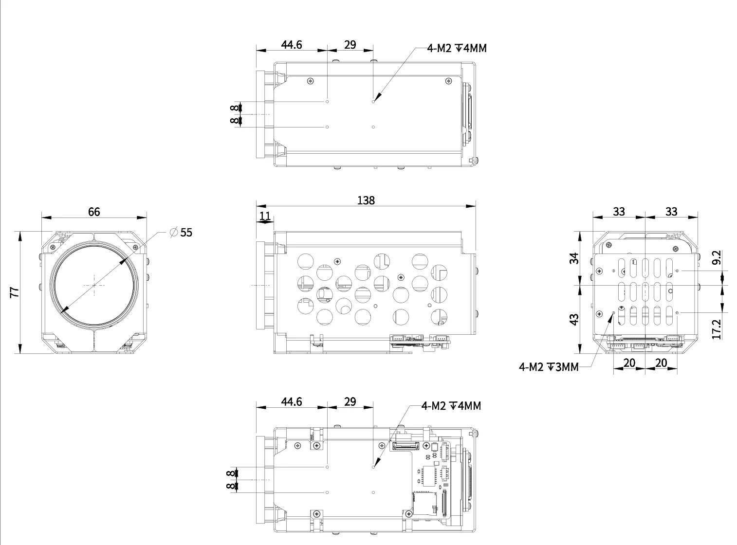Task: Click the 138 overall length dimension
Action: (x=366, y=200)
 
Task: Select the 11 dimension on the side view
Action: (x=265, y=216)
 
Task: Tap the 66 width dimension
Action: (x=94, y=212)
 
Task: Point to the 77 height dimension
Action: (x=15, y=292)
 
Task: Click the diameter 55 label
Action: (x=182, y=233)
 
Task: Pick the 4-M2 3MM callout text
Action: (x=549, y=367)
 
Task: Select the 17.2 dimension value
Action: (x=716, y=329)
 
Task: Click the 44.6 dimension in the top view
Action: (x=291, y=45)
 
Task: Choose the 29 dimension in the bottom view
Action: (x=350, y=402)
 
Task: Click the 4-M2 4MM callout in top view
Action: (x=456, y=48)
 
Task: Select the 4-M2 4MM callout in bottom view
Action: (x=451, y=406)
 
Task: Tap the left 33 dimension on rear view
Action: (x=619, y=212)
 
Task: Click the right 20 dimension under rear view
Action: (x=661, y=363)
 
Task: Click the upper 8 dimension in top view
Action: (x=235, y=108)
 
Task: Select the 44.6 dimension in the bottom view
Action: (x=291, y=402)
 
